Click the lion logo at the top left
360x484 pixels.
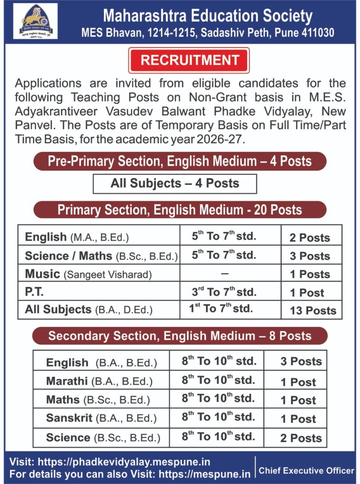pyautogui.click(x=35, y=21)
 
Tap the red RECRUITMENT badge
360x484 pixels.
pyautogui.click(x=189, y=60)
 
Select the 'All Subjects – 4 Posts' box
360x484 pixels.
pyautogui.click(x=175, y=183)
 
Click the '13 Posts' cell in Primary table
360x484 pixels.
pyautogui.click(x=313, y=311)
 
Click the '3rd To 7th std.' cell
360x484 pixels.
pyautogui.click(x=224, y=292)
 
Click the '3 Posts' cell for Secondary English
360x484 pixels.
pyautogui.click(x=301, y=362)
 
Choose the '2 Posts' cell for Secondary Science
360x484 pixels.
pyautogui.click(x=301, y=438)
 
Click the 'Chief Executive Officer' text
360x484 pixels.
pyautogui.click(x=306, y=470)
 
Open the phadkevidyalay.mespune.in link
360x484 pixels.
pyautogui.click(x=124, y=462)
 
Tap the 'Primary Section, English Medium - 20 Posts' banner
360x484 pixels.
pyautogui.click(x=180, y=210)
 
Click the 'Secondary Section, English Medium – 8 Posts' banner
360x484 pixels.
pyautogui.click(x=180, y=336)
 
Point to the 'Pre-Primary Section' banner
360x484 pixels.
pyautogui.click(x=180, y=161)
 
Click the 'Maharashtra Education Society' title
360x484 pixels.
pyautogui.click(x=208, y=17)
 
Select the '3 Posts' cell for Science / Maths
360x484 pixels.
pyautogui.click(x=309, y=256)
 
